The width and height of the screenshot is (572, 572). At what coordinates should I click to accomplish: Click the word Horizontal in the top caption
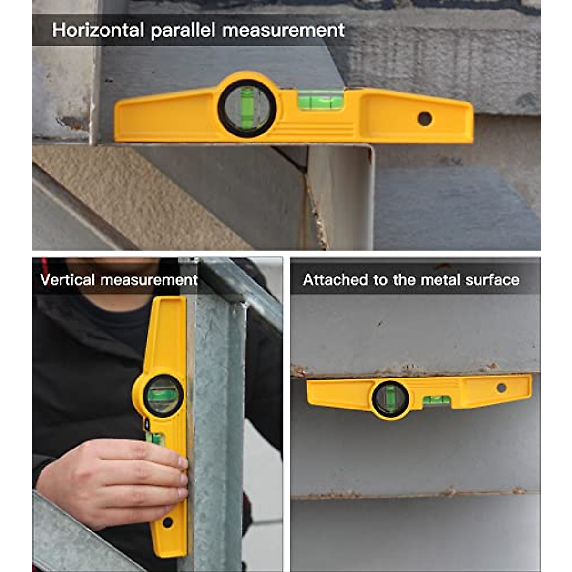click(x=98, y=30)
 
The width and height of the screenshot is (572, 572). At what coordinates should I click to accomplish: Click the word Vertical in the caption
click(x=67, y=279)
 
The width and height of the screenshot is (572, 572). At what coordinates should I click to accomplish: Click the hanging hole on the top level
click(x=424, y=119)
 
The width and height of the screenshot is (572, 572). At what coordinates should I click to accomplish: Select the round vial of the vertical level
click(x=163, y=396)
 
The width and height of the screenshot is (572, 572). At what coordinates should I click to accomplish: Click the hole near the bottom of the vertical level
click(x=167, y=522)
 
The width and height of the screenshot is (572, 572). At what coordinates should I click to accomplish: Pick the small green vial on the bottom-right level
click(x=436, y=399)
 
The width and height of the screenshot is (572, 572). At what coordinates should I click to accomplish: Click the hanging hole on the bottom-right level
click(x=501, y=388)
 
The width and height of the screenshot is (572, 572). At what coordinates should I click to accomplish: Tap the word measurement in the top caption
click(x=283, y=30)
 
